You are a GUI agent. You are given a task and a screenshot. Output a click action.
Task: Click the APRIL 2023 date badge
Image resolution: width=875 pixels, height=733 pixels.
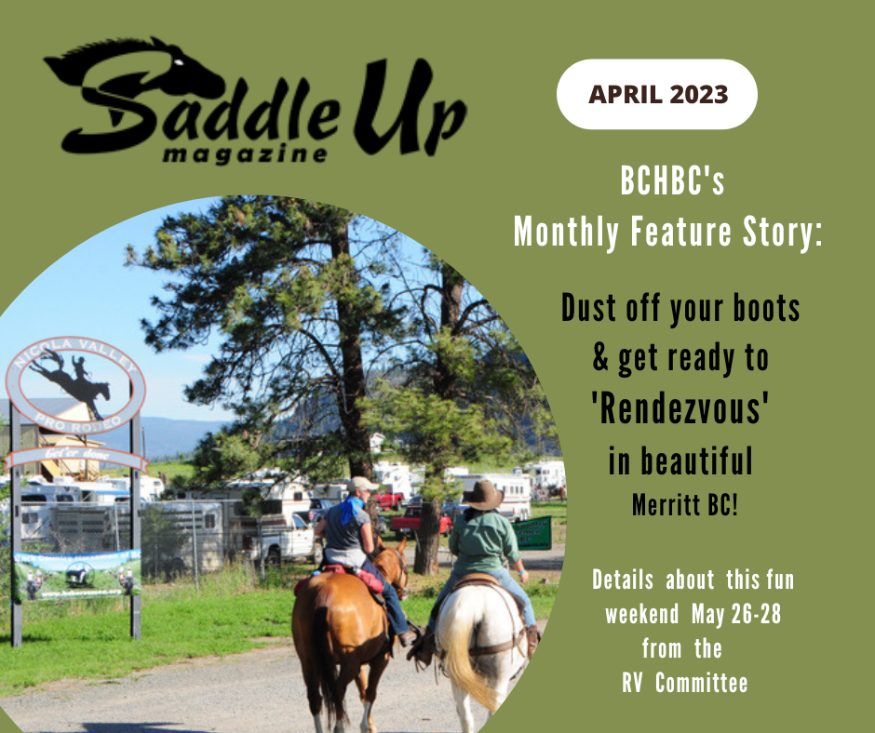(656, 94)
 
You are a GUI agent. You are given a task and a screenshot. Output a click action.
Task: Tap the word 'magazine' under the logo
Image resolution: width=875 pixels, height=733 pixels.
(244, 153)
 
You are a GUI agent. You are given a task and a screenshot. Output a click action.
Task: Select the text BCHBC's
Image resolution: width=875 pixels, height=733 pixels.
(672, 182)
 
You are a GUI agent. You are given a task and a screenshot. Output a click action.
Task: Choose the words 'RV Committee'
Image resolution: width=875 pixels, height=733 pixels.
(684, 683)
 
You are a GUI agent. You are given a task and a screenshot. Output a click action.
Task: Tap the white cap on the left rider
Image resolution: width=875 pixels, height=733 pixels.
(362, 484)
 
